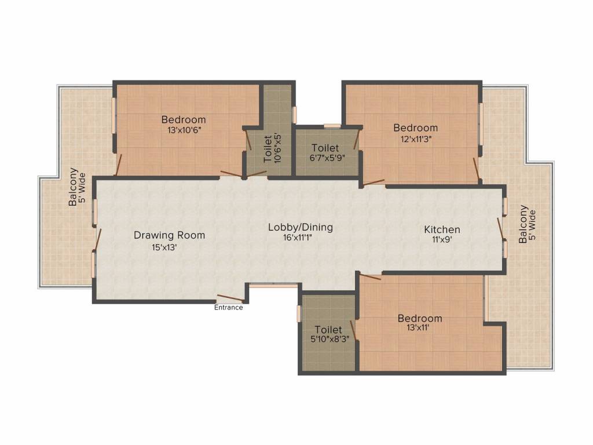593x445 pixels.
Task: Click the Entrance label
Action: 228,307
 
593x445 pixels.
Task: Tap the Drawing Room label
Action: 170,235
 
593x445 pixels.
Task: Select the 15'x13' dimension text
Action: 164,247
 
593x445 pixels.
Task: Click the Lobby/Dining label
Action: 301,227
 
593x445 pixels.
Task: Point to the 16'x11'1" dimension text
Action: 297,238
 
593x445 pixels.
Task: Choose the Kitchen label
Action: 442,229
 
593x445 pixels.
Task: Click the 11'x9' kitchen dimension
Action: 442,239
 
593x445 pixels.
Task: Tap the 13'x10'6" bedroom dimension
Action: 184,130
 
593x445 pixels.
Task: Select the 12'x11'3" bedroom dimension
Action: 416,139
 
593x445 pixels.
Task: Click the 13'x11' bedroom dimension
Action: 418,327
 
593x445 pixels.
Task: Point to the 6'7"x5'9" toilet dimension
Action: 328,158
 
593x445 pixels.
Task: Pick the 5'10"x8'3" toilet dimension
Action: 330,339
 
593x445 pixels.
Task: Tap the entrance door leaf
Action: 230,298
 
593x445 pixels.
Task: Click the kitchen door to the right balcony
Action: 502,229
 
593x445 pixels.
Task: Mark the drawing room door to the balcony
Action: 97,239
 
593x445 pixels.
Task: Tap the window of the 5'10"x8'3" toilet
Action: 299,313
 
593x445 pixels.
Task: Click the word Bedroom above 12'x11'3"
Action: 416,127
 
